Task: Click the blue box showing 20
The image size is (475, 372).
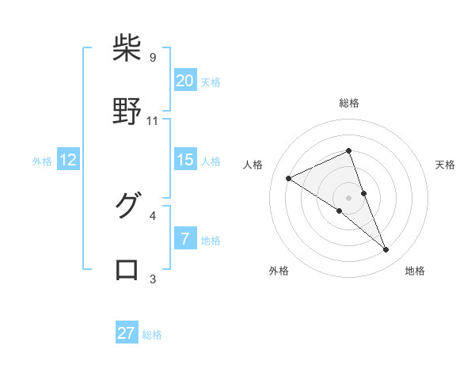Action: (184, 80)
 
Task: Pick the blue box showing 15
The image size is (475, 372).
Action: (184, 160)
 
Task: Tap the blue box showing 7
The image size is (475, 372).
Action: (184, 238)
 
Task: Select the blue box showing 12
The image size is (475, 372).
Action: (68, 160)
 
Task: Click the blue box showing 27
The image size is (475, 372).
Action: (127, 333)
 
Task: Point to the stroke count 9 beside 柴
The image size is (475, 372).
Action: (153, 58)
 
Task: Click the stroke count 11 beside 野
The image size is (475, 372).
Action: (153, 121)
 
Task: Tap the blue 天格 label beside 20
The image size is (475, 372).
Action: (211, 82)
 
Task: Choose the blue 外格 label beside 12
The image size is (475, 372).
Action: (42, 161)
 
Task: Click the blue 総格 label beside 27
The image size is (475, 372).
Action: (152, 335)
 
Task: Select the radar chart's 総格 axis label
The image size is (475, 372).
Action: (349, 103)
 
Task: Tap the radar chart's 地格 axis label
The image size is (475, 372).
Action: (415, 271)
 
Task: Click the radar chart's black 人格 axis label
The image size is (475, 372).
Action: (253, 165)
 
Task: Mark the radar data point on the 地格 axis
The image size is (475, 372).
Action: (386, 250)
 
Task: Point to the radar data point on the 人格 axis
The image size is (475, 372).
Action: (289, 178)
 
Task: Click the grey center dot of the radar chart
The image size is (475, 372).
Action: (349, 197)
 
